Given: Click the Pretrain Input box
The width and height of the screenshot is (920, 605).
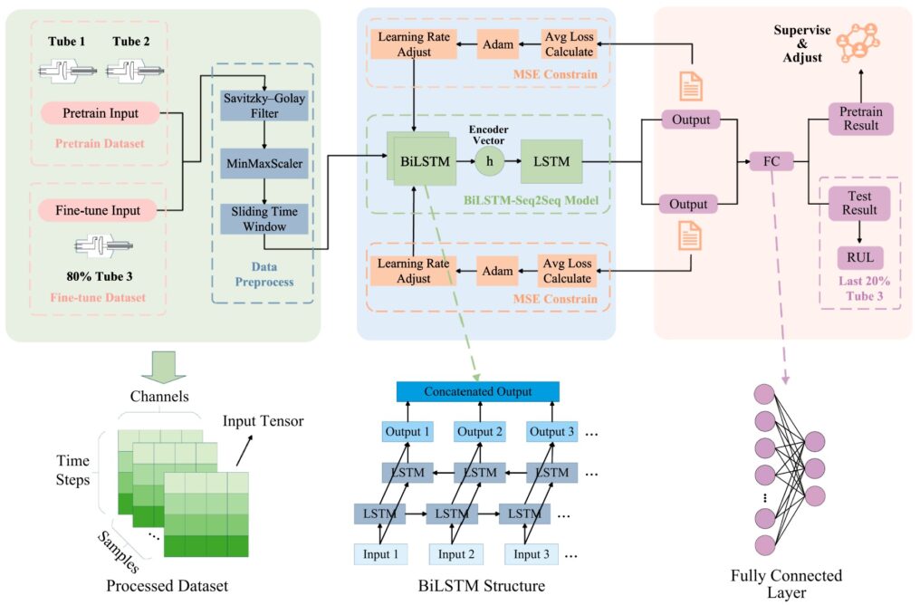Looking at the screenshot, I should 101,114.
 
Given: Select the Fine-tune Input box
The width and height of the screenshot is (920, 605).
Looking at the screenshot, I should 101,210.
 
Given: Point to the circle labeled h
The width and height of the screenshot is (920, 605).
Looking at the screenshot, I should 490,161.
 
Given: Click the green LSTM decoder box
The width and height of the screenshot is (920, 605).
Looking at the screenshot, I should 550,161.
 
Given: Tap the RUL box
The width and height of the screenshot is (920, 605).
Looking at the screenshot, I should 859,258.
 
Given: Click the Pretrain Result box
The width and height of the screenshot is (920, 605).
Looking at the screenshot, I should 859,117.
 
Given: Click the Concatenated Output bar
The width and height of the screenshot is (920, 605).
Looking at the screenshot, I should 478,391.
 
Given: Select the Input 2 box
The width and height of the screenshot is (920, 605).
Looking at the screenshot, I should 452,554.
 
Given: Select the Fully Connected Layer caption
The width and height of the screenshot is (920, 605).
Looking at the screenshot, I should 786,584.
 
